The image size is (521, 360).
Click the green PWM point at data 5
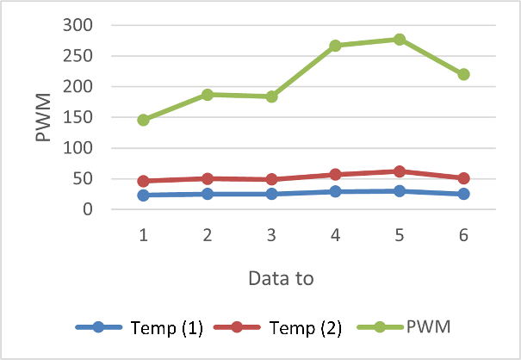(x=400, y=40)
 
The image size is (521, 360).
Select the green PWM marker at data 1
(x=143, y=120)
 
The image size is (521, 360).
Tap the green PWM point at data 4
(x=335, y=46)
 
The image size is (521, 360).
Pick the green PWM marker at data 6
(x=463, y=74)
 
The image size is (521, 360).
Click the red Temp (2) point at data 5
(x=400, y=171)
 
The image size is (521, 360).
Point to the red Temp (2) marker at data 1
(x=143, y=181)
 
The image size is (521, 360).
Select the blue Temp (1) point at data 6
(x=463, y=194)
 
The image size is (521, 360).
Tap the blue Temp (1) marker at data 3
(x=271, y=194)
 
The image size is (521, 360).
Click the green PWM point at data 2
(x=208, y=95)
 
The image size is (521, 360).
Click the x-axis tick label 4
(x=335, y=235)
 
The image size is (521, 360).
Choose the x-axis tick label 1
(x=143, y=235)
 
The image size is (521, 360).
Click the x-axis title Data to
(x=280, y=278)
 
